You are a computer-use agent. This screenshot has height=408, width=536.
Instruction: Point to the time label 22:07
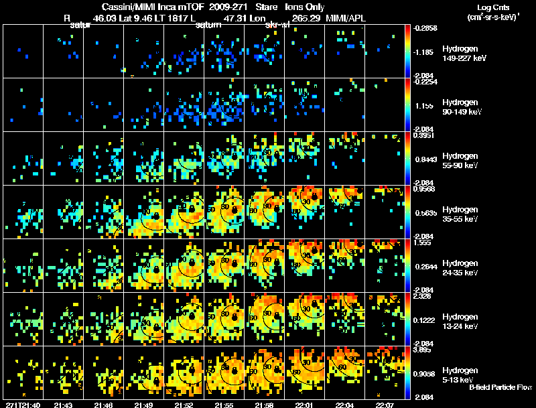[x=385, y=405]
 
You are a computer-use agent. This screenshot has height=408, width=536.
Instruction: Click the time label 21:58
[x=264, y=405]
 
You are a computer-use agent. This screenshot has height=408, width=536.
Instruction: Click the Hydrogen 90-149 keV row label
[x=462, y=107]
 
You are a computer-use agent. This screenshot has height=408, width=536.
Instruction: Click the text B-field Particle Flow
[x=500, y=387]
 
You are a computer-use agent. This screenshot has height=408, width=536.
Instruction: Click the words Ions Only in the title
[x=308, y=6]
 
